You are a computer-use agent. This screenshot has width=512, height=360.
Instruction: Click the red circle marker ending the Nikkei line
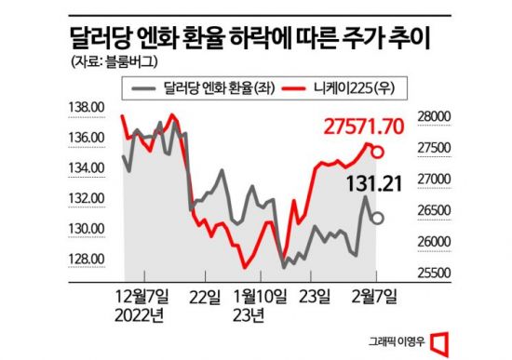pyautogui.click(x=379, y=151)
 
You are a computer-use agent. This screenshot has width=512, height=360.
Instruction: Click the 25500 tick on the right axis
pyautogui.click(x=431, y=273)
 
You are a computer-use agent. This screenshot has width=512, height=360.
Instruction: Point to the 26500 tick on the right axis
pyautogui.click(x=431, y=210)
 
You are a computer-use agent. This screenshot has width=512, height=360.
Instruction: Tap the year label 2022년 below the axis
pyautogui.click(x=141, y=313)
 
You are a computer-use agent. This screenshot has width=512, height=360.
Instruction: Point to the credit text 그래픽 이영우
pyautogui.click(x=414, y=340)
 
